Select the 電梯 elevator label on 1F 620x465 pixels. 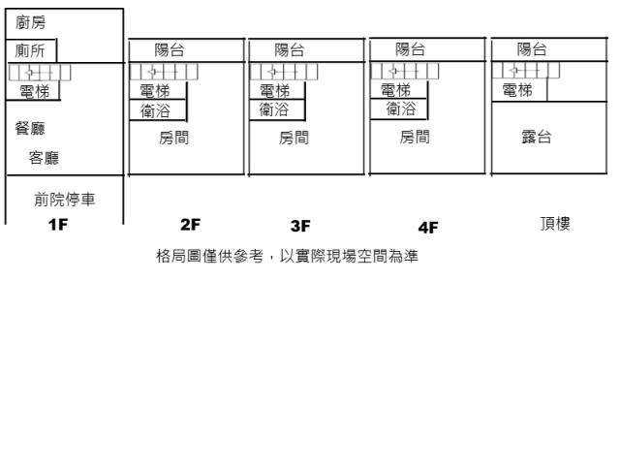[x=36, y=91]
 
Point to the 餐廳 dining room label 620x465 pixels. [x=33, y=127]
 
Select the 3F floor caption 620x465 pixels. [x=299, y=227]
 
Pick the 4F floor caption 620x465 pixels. [x=427, y=228]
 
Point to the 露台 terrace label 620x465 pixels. [x=537, y=138]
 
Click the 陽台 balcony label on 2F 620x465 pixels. [x=171, y=49]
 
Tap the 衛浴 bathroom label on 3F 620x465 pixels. [x=274, y=109]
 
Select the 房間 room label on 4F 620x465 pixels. [x=416, y=138]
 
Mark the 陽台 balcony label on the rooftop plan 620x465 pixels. [x=532, y=49]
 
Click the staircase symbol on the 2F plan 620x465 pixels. [x=163, y=71]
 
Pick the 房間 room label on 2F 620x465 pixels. [x=174, y=138]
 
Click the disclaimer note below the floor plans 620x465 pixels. [x=287, y=258]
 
